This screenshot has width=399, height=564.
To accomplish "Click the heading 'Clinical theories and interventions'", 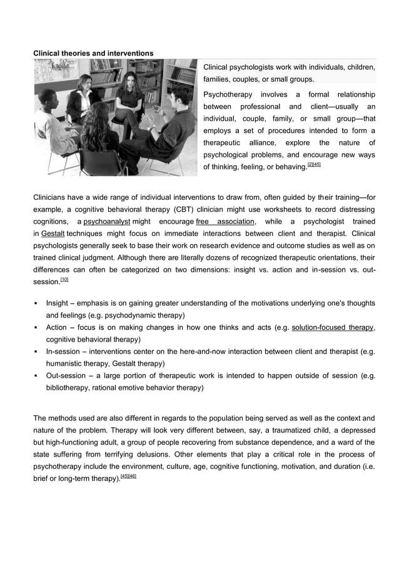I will coord(93,54).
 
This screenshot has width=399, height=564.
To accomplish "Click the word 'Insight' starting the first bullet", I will coord(59,304).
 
